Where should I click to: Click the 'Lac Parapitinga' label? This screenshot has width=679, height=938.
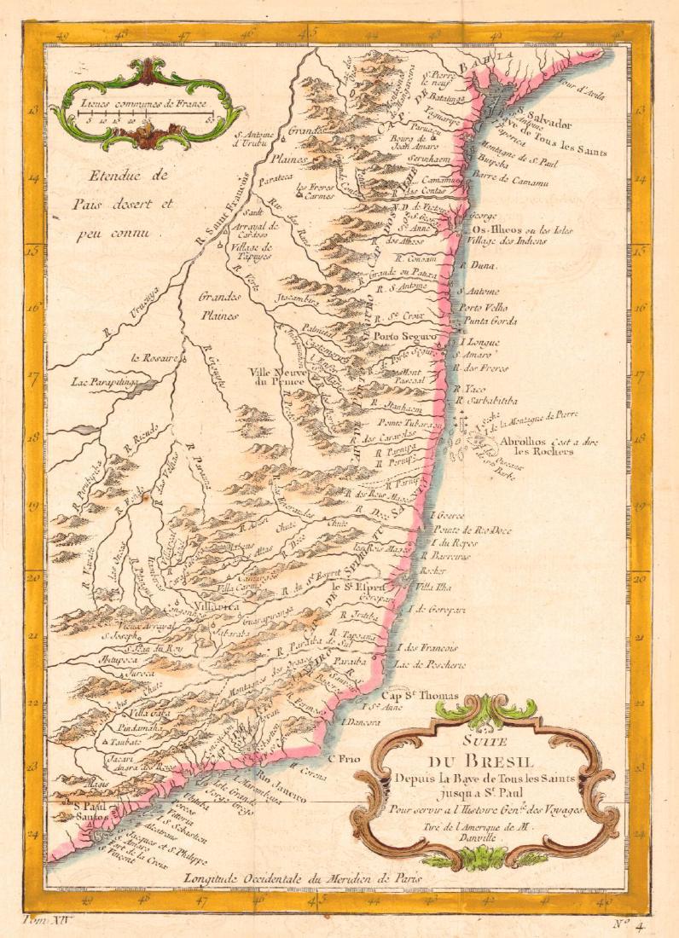103,383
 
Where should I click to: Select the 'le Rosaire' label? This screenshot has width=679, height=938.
154,358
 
